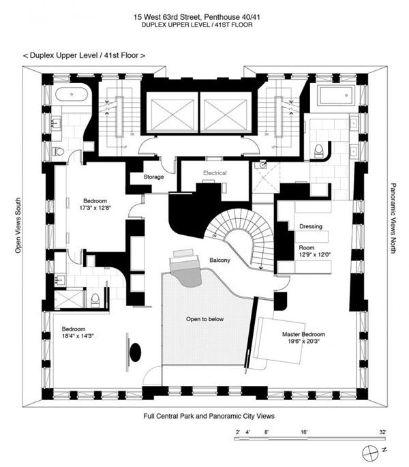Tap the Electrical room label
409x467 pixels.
[x=214, y=173]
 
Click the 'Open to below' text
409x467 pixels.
[x=205, y=319]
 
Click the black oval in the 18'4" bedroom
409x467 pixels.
[x=136, y=351]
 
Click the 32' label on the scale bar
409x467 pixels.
[x=383, y=432]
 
